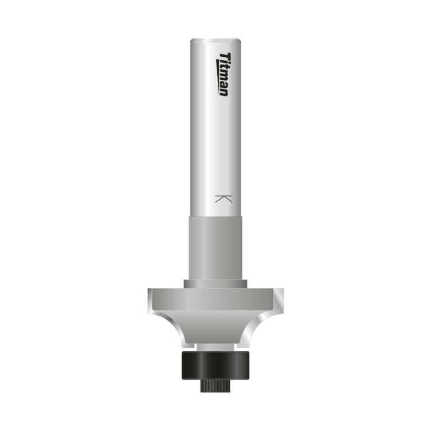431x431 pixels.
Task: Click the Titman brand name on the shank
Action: point(223,74)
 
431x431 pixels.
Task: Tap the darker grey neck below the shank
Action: point(215,247)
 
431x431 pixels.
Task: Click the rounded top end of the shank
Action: point(215,42)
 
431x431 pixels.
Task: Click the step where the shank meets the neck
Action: point(215,216)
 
